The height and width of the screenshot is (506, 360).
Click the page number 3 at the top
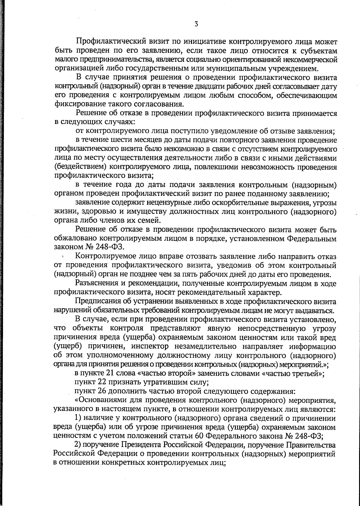196,24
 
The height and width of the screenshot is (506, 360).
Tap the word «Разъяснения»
101,283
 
